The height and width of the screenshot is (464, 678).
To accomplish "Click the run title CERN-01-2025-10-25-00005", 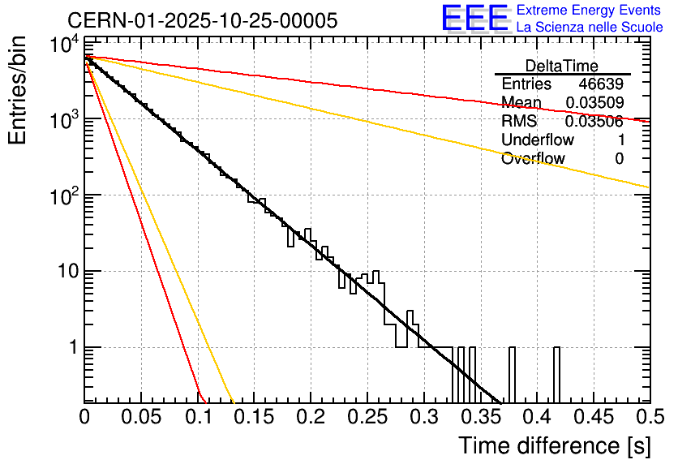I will [x=203, y=20].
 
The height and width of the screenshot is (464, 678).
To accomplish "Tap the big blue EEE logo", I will [x=474, y=19].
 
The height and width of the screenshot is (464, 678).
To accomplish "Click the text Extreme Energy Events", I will [x=590, y=11].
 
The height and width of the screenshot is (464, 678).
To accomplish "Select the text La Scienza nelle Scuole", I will [x=590, y=27].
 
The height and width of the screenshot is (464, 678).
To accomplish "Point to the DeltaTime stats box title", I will [x=562, y=66].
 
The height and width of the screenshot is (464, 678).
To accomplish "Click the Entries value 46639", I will [x=601, y=84].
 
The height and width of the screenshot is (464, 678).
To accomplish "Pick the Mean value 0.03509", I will [x=594, y=103].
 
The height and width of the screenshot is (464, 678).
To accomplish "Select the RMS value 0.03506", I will [x=594, y=122].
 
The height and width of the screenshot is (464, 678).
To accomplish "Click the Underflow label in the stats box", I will [x=538, y=140].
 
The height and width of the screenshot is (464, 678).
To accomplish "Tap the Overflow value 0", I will [x=619, y=159].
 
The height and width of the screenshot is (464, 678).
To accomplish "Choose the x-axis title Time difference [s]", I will [x=554, y=445].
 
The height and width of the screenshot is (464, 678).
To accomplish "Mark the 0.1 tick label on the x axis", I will [x=198, y=417].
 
